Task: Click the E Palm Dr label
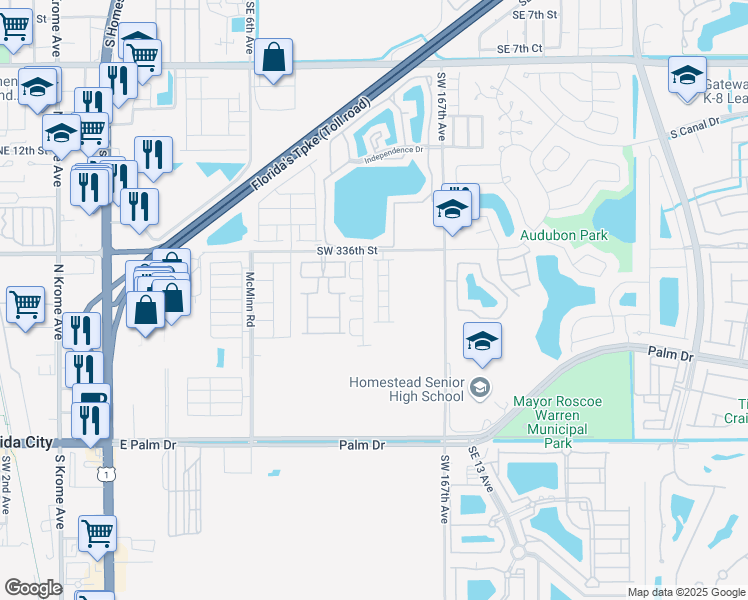pos(147,443)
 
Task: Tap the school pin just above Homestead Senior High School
pos(482,341)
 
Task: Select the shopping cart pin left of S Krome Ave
pos(25,304)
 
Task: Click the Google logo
pos(33,588)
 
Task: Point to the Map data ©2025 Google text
pos(685,592)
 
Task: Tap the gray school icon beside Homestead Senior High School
pos(480,388)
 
